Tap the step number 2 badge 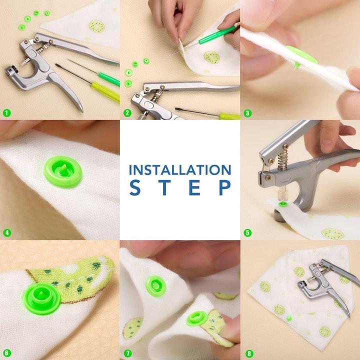pos(127,112)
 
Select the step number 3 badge pos(247,112)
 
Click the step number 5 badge pos(247,232)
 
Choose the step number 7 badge pos(127,352)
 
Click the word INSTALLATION pos(180,169)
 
